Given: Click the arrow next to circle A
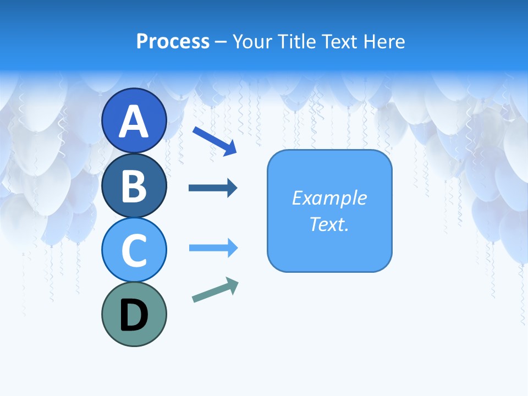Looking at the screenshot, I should (x=214, y=141).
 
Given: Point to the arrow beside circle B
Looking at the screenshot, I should (x=212, y=188).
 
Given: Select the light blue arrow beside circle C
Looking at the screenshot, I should (x=213, y=248).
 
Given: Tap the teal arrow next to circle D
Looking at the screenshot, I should (x=215, y=290).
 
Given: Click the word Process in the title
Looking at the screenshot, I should (x=173, y=41).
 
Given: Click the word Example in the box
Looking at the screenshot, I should (x=329, y=198).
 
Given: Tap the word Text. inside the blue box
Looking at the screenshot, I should (x=329, y=224).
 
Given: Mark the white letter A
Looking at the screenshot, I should (x=134, y=122).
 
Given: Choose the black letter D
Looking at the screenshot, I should (x=134, y=315).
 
